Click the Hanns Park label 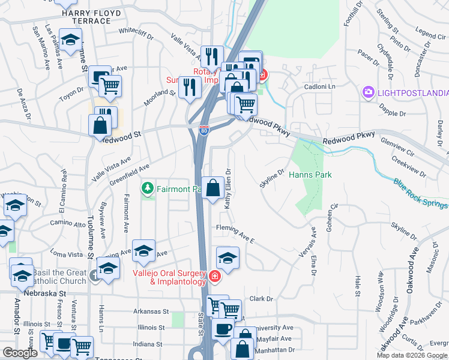(310, 175)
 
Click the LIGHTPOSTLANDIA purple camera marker (367, 93)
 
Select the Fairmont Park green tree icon (148, 189)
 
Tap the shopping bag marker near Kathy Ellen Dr (213, 188)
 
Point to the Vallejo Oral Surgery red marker (215, 276)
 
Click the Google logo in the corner (19, 353)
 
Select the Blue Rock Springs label (420, 193)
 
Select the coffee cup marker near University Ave (223, 329)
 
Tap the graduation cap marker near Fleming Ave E (228, 259)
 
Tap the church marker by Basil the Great (94, 276)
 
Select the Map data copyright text (411, 355)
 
